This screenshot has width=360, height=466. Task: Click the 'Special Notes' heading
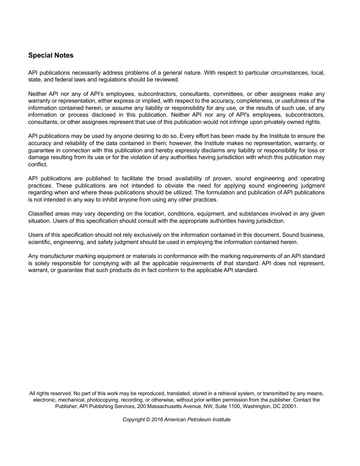[51, 55]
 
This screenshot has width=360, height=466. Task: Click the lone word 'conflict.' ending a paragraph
[38, 164]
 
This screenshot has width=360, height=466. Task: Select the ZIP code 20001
[290, 406]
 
